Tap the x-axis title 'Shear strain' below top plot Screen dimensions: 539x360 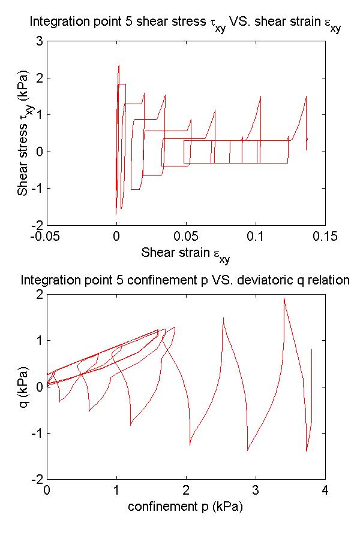pyautogui.click(x=185, y=253)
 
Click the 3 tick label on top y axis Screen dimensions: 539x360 pyautogui.click(x=38, y=41)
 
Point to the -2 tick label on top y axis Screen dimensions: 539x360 pyautogui.click(x=35, y=225)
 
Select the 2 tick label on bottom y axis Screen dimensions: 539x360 pyautogui.click(x=38, y=295)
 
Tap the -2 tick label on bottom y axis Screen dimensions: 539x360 pyautogui.click(x=35, y=480)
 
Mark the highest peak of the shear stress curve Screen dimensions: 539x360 pyautogui.click(x=119, y=65)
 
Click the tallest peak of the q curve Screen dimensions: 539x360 pyautogui.click(x=284, y=298)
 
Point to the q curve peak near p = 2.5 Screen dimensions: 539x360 pyautogui.click(x=223, y=318)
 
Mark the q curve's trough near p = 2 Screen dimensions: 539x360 pyautogui.click(x=190, y=445)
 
